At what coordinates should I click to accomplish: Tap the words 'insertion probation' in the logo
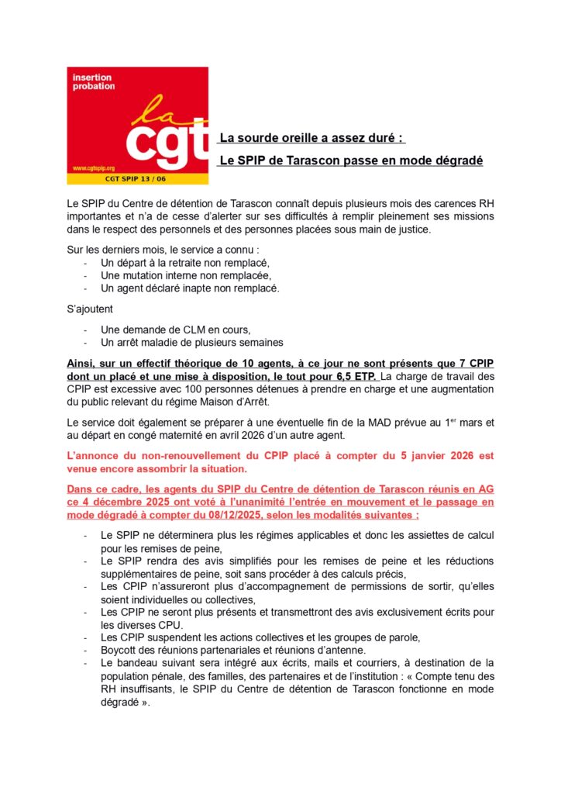93,82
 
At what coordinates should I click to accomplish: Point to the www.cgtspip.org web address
94,167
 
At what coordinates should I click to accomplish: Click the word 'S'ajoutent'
91,309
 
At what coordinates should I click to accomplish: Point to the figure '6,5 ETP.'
353,377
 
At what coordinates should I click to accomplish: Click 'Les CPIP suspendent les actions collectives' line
260,637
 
